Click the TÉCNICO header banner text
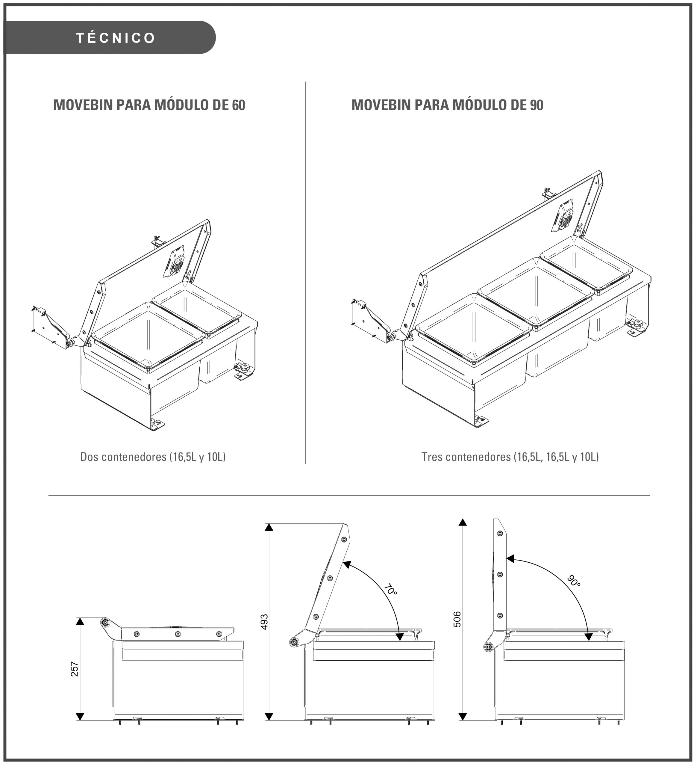pos(116,38)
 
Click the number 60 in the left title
pos(238,105)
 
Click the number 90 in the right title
pos(536,105)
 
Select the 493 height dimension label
pos(265,622)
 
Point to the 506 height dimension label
pos(457,619)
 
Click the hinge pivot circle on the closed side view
pos(105,622)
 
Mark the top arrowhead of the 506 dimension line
pos(462,522)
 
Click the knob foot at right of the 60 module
pos(244,368)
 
